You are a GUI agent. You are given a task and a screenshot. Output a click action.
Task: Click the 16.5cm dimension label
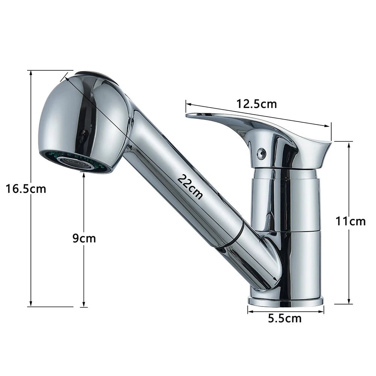pyautogui.click(x=26, y=188)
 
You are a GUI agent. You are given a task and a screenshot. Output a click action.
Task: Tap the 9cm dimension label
pyautogui.click(x=84, y=238)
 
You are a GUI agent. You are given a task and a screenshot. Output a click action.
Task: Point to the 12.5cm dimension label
pyautogui.click(x=257, y=103)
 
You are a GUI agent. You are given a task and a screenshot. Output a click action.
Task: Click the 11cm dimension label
pyautogui.click(x=350, y=221)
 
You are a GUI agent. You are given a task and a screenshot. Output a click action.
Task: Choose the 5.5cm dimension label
pyautogui.click(x=285, y=318)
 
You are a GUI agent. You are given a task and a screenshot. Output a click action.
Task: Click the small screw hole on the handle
pyautogui.click(x=261, y=153)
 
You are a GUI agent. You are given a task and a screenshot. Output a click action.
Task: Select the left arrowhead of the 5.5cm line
pyautogui.click(x=249, y=310)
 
